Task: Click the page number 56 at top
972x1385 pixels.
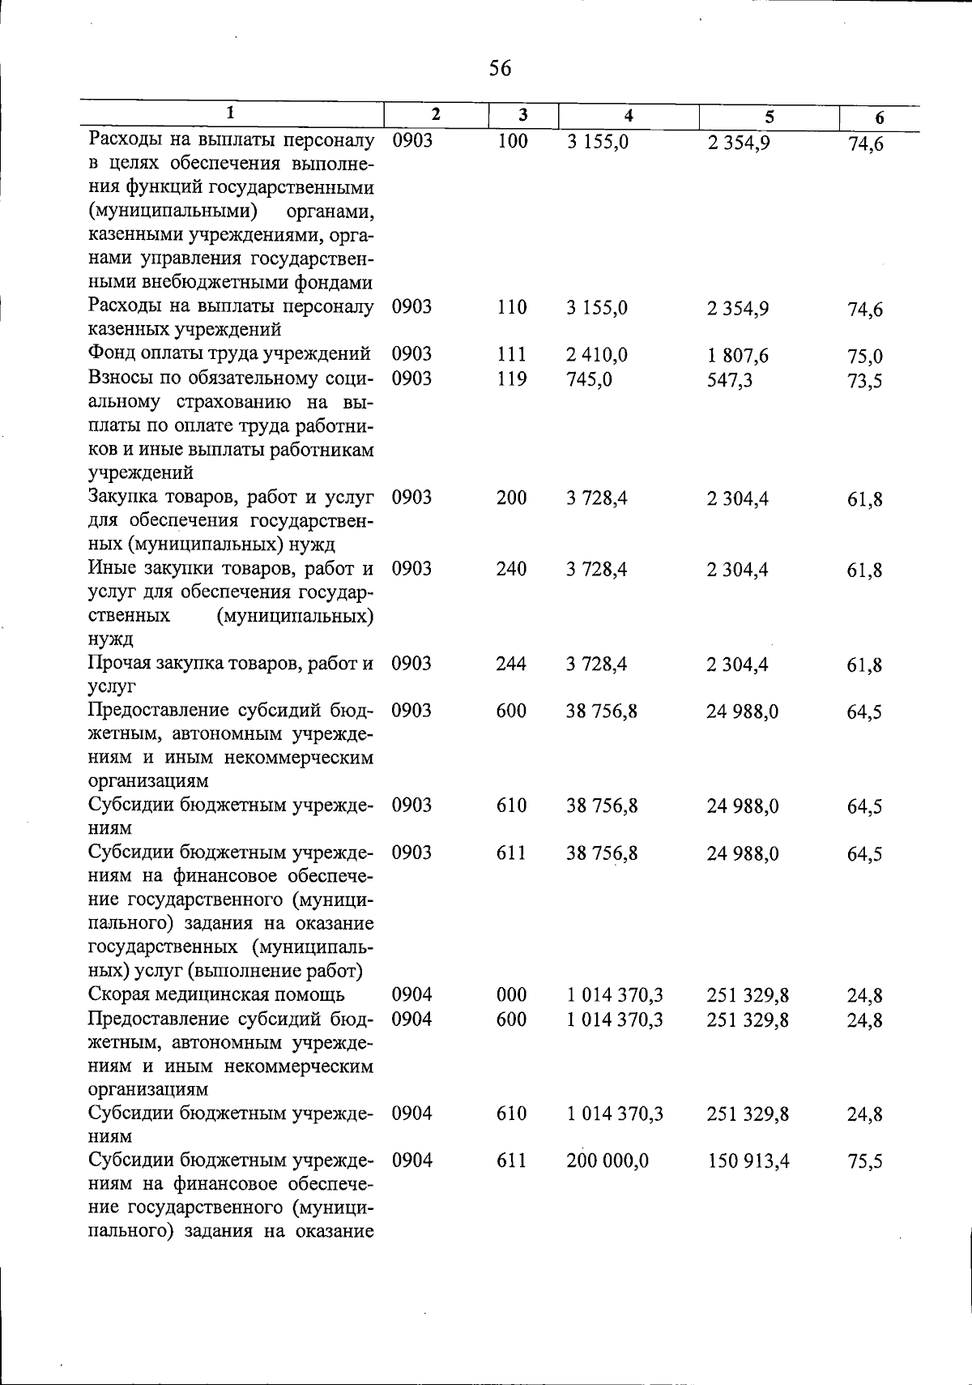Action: (x=501, y=69)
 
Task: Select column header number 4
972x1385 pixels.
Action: (x=629, y=116)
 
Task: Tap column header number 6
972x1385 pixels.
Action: (x=879, y=118)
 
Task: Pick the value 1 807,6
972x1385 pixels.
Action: (x=737, y=356)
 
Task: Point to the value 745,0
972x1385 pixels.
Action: (x=590, y=378)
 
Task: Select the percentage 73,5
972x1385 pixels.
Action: (x=864, y=381)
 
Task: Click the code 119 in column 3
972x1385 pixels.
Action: (x=511, y=378)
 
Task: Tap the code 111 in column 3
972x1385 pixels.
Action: (x=511, y=355)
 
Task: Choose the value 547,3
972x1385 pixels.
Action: (x=729, y=379)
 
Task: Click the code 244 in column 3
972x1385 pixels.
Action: (x=511, y=664)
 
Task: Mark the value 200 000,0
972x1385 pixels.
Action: (x=607, y=1161)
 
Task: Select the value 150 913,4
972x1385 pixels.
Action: (x=748, y=1161)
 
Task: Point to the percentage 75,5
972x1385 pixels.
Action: (x=864, y=1162)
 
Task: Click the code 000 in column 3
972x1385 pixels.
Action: (x=511, y=994)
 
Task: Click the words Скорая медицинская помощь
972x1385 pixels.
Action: (x=216, y=994)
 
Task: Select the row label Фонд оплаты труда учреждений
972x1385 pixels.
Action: (x=229, y=354)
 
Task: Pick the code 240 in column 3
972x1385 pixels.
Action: (x=511, y=569)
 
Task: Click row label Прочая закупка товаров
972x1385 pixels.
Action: (x=231, y=664)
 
